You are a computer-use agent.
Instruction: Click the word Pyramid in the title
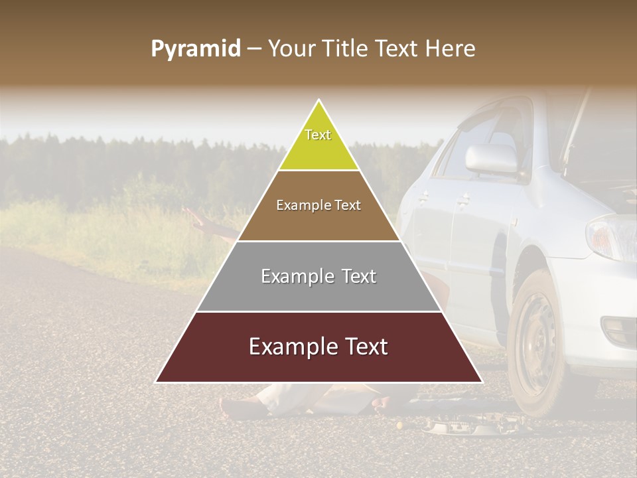pos(195,49)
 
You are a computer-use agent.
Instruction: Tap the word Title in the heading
pos(348,49)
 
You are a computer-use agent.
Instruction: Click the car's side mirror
pos(492,159)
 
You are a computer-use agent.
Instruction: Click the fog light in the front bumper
pos(619,329)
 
